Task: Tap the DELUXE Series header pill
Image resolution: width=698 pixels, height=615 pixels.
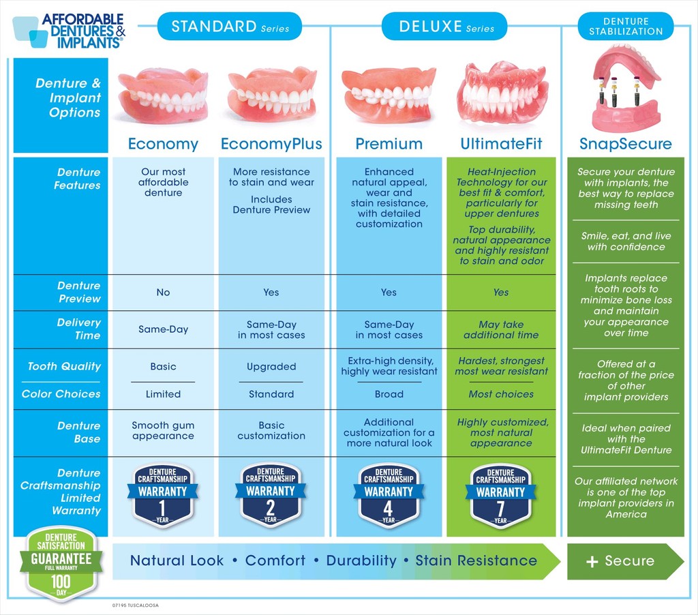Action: (446, 27)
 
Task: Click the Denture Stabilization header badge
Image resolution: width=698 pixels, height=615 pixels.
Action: (625, 27)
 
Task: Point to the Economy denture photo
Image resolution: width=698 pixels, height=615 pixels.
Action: (163, 95)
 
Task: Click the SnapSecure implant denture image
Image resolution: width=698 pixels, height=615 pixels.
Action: (626, 89)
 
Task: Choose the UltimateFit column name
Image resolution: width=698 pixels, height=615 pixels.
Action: (501, 144)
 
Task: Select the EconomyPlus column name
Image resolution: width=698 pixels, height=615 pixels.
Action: (271, 144)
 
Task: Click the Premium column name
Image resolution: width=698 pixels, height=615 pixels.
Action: (389, 144)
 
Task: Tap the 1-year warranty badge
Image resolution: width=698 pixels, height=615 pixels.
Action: (162, 495)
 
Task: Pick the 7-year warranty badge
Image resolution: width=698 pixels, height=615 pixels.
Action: (501, 495)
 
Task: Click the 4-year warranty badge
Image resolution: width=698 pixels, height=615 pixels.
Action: (389, 495)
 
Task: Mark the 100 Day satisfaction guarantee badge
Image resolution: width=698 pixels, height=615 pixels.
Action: (61, 563)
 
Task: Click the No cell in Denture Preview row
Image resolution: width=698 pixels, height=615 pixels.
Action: (163, 292)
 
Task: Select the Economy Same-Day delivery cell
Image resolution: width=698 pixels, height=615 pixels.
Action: (163, 329)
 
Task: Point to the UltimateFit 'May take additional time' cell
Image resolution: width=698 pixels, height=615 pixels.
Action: (501, 330)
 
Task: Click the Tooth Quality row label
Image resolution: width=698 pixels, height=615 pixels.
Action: (64, 367)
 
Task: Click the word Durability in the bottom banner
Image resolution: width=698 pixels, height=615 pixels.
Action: (361, 561)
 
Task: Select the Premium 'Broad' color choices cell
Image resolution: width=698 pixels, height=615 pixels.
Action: (389, 394)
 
